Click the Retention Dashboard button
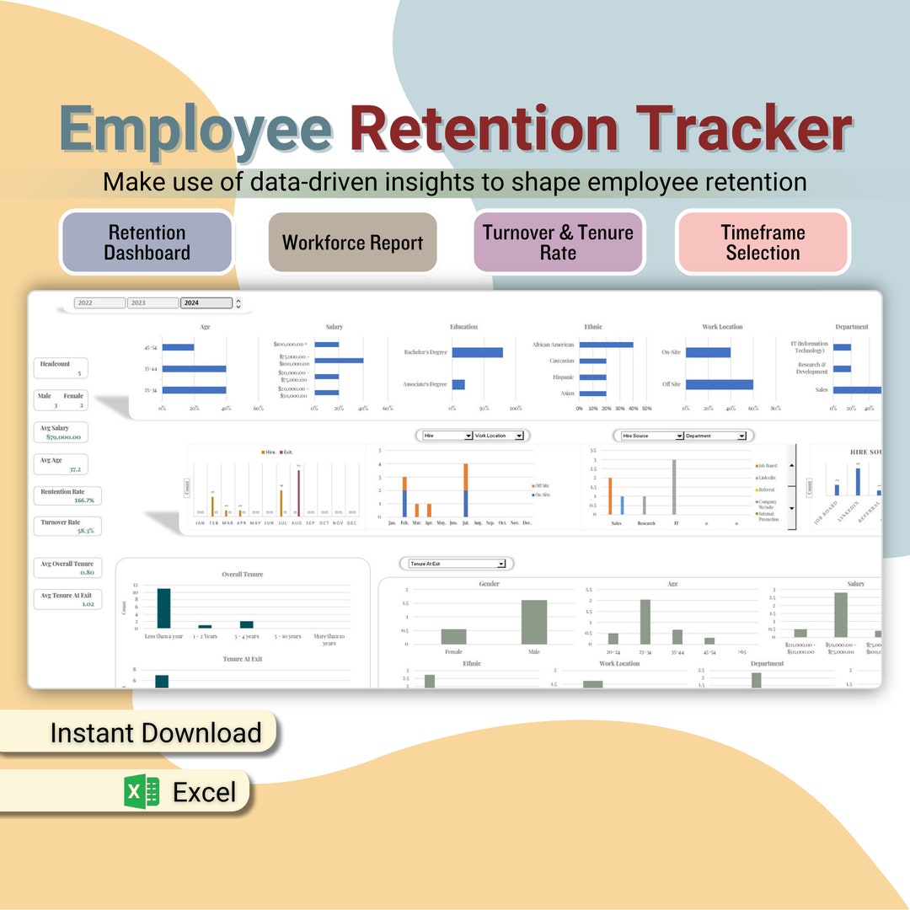click(147, 243)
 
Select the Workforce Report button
click(352, 243)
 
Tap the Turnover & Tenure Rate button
click(558, 243)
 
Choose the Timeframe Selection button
click(763, 243)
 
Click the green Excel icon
click(142, 792)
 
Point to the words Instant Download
click(156, 733)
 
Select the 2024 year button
click(206, 303)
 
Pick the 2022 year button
click(99, 303)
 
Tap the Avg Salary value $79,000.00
click(63, 437)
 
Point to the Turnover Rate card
click(67, 527)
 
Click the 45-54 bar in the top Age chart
click(178, 347)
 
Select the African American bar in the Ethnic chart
click(606, 345)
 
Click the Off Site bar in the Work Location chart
click(719, 384)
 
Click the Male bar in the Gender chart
click(533, 622)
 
